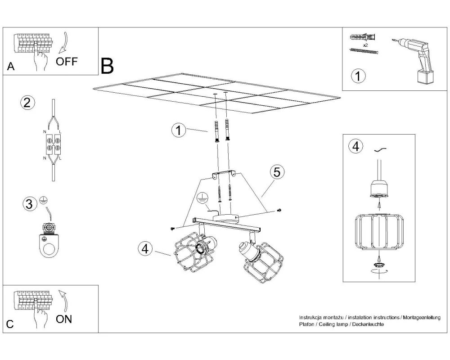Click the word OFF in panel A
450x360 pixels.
67,61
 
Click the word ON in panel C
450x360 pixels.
64,319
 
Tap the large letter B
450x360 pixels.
108,66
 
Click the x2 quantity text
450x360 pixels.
365,45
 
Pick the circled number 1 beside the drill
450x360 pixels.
358,76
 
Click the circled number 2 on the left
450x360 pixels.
27,103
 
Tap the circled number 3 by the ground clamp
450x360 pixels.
29,204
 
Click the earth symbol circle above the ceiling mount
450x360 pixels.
201,198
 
